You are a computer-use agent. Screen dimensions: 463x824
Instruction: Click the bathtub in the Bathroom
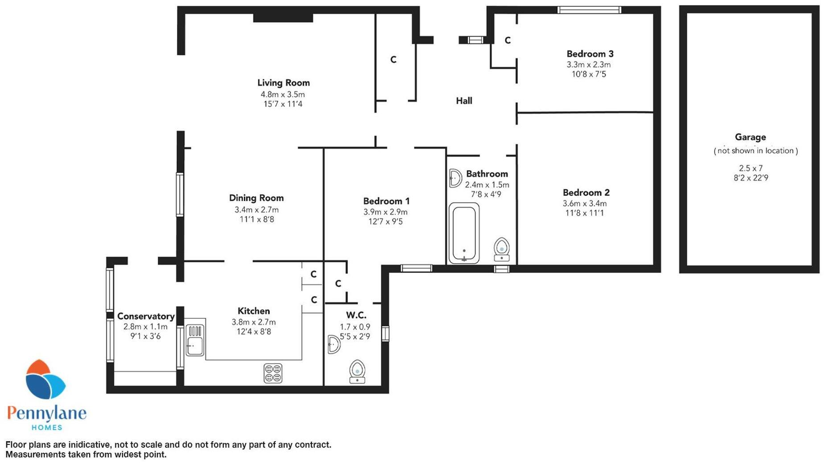tap(464, 233)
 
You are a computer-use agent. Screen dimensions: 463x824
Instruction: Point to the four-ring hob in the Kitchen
tap(273, 374)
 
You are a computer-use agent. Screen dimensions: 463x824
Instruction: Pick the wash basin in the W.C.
tap(333, 345)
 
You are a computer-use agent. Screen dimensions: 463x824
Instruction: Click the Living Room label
tap(283, 83)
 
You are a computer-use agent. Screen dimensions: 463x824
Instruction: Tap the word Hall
tap(464, 101)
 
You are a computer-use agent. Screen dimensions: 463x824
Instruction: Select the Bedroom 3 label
tap(590, 54)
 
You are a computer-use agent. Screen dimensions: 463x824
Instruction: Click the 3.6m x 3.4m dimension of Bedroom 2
tap(584, 203)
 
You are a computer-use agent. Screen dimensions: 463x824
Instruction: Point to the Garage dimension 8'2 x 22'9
tap(750, 178)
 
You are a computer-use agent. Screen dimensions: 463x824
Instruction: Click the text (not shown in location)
tap(755, 151)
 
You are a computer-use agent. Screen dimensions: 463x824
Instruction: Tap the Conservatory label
tap(146, 316)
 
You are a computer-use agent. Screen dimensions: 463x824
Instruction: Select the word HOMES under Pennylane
tap(47, 428)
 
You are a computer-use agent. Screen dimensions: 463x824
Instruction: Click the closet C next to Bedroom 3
tap(507, 41)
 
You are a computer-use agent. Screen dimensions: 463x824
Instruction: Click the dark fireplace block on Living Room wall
tap(283, 18)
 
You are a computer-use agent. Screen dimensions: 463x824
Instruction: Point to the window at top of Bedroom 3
tap(589, 10)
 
